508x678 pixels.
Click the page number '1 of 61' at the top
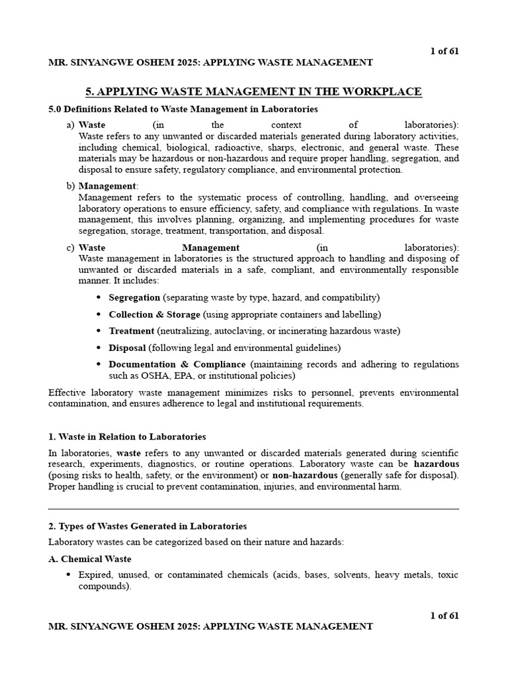click(x=444, y=52)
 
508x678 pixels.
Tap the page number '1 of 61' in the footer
click(x=444, y=615)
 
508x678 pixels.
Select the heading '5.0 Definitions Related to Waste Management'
click(x=183, y=109)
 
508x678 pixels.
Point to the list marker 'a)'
click(x=70, y=125)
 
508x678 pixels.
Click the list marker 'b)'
click(x=70, y=186)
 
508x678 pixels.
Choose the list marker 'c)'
click(x=70, y=248)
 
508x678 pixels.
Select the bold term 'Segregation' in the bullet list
click(x=134, y=297)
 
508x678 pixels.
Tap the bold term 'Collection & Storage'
click(x=154, y=314)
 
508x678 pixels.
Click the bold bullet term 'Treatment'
click(x=131, y=330)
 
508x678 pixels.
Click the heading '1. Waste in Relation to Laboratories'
click(x=127, y=436)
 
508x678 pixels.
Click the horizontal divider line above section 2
click(x=253, y=509)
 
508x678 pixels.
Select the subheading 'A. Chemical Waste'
click(x=90, y=559)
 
